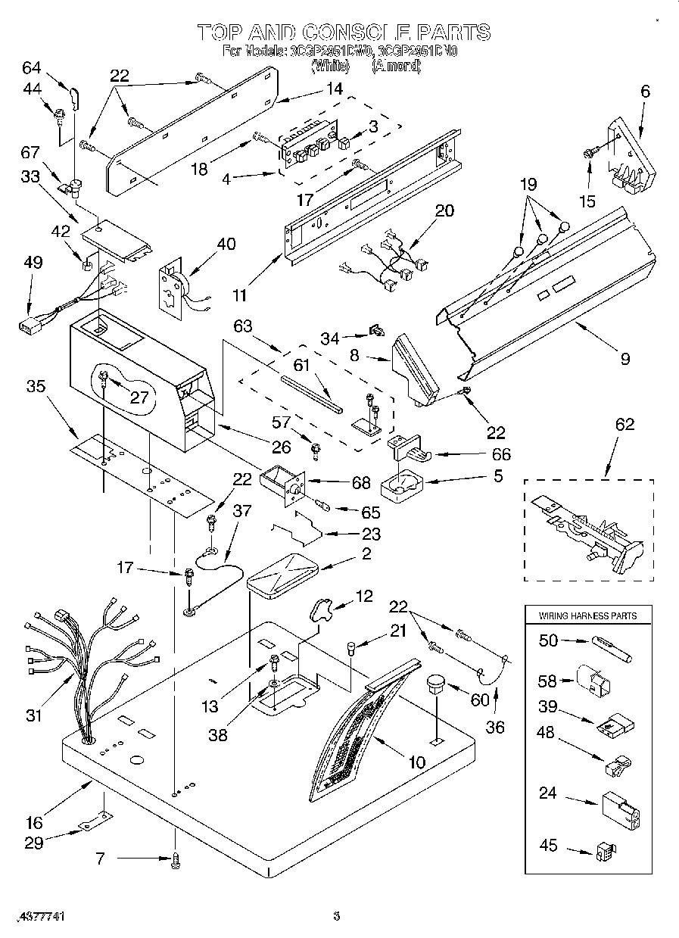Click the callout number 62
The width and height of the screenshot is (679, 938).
point(624,425)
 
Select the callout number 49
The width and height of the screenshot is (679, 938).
point(33,262)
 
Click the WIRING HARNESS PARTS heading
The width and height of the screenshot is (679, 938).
point(587,615)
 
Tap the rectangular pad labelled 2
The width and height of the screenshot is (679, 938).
point(284,575)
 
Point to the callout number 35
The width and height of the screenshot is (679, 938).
point(36,386)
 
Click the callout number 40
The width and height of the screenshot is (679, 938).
point(226,244)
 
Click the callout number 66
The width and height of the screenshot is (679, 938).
point(500,454)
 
